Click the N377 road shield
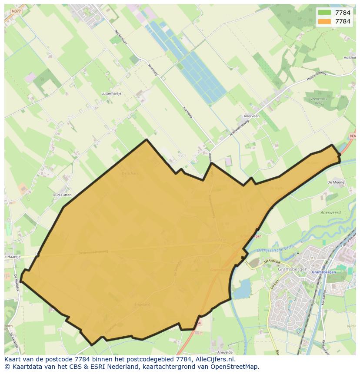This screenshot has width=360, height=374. click(16, 11)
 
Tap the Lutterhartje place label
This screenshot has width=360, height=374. click(111, 93)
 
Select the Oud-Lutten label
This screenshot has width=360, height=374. click(62, 195)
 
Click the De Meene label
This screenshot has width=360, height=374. click(336, 182)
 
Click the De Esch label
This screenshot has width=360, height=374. click(274, 284)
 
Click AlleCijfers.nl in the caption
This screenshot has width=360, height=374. click(214, 359)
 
